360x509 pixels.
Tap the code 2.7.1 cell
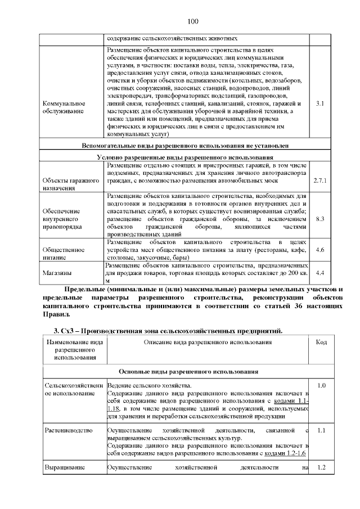tap(319, 180)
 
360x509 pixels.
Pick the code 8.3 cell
tap(319, 218)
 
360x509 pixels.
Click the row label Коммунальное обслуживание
tap(64, 107)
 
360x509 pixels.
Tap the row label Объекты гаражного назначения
tap(71, 184)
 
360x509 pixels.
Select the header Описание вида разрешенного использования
tap(208, 342)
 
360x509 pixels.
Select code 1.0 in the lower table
tap(321, 386)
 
